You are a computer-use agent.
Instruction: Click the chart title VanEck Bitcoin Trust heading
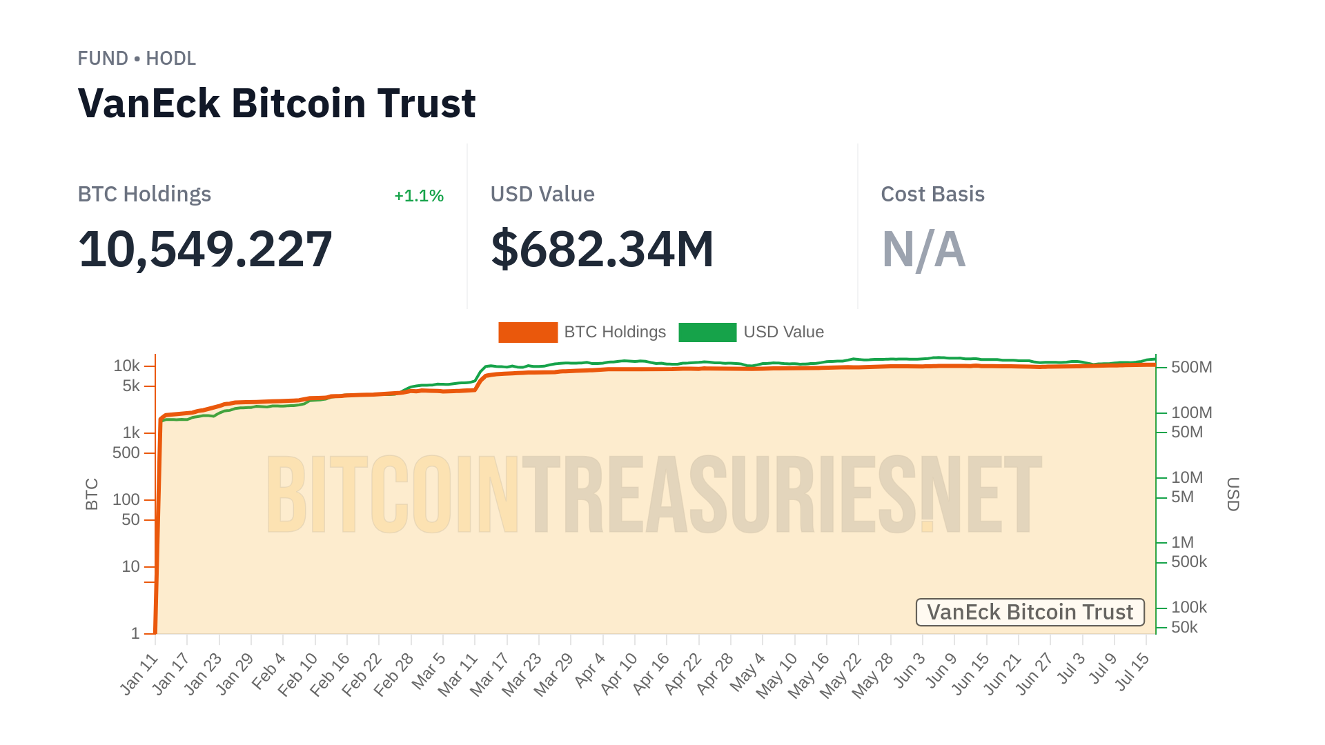pyautogui.click(x=277, y=103)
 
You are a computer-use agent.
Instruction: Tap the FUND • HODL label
pyautogui.click(x=137, y=59)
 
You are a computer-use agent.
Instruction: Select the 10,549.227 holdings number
pyautogui.click(x=205, y=249)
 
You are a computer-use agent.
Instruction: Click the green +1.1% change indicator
pyautogui.click(x=418, y=196)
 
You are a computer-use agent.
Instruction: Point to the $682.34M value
pyautogui.click(x=602, y=249)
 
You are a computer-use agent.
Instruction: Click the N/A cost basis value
pyautogui.click(x=923, y=249)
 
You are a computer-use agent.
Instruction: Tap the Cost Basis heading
pyautogui.click(x=932, y=195)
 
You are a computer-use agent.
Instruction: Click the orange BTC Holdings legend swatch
pyautogui.click(x=528, y=332)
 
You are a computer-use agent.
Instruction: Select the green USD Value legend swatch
pyautogui.click(x=707, y=332)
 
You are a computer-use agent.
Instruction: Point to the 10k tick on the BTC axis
pyautogui.click(x=127, y=366)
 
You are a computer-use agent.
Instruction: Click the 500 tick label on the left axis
pyautogui.click(x=126, y=453)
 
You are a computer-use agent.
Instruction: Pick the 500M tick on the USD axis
pyautogui.click(x=1191, y=367)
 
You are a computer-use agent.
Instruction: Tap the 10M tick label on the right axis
pyautogui.click(x=1187, y=477)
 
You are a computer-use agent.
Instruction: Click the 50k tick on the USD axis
pyautogui.click(x=1184, y=627)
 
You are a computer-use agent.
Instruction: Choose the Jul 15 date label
pyautogui.click(x=1132, y=672)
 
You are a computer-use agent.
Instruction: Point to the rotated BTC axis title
pyautogui.click(x=92, y=494)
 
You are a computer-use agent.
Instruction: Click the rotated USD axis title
pyautogui.click(x=1233, y=494)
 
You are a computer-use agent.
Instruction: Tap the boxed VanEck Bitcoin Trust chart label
pyautogui.click(x=1030, y=613)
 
